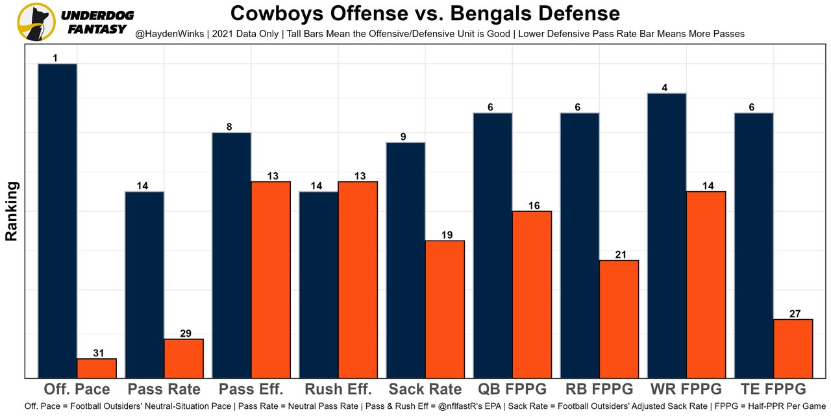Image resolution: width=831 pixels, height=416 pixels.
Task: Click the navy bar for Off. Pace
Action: point(57,220)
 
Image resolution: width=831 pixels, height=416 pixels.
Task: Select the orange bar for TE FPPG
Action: point(793,348)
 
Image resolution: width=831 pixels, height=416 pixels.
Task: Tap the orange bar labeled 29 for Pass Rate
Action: point(184,358)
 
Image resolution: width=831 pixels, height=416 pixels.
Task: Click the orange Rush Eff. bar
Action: point(358,279)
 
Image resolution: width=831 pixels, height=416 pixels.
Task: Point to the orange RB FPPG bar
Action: point(619,318)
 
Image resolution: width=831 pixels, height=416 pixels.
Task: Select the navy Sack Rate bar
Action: point(406,260)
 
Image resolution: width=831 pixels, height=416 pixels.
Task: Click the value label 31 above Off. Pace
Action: point(97,353)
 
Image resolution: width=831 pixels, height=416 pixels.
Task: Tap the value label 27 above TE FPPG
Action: point(795,313)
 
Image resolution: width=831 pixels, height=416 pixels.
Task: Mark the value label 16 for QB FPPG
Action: point(533,205)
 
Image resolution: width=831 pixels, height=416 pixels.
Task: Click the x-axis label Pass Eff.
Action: point(251,389)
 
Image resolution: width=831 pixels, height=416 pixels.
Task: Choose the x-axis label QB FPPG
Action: point(513,389)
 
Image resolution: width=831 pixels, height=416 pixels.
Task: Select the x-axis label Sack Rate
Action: point(425,389)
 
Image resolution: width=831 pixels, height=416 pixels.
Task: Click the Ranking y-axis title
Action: point(11,211)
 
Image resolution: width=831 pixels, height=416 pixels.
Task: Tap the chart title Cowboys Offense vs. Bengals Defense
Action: point(425,13)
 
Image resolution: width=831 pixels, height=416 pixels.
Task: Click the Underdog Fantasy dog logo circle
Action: point(35,22)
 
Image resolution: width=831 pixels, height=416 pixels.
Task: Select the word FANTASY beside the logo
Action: point(97,29)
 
